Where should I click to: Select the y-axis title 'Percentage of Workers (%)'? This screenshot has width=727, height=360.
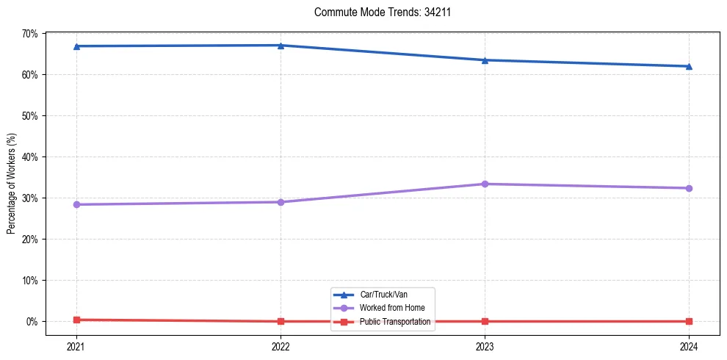click(11, 184)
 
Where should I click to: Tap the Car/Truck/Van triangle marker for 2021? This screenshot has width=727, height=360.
click(76, 46)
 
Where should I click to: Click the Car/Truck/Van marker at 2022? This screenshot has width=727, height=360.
click(281, 46)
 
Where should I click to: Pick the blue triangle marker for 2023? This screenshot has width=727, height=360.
click(485, 60)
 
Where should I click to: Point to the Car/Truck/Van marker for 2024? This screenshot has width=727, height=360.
click(689, 66)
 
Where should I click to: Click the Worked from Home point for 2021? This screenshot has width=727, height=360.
click(76, 204)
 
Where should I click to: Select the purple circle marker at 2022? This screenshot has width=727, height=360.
click(281, 202)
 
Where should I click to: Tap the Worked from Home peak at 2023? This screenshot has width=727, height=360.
click(485, 184)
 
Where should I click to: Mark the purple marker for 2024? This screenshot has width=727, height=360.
click(689, 188)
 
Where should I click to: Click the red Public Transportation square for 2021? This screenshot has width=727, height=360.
click(76, 320)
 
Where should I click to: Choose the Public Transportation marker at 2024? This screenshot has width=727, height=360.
click(689, 321)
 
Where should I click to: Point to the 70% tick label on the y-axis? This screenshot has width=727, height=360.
click(29, 34)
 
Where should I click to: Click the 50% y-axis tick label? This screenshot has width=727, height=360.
click(29, 116)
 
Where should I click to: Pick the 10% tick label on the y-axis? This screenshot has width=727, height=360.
click(29, 281)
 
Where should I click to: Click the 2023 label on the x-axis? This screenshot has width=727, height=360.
click(485, 345)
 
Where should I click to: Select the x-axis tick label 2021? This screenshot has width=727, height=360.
click(76, 345)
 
